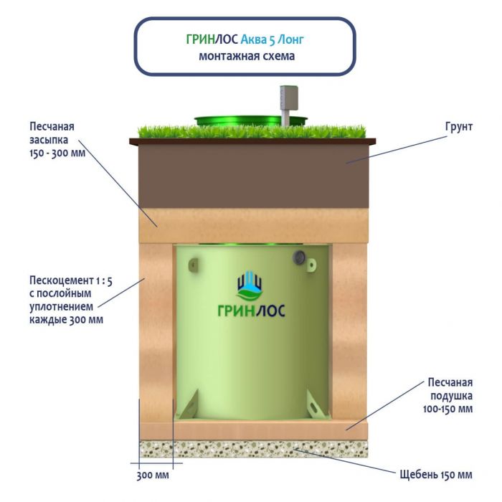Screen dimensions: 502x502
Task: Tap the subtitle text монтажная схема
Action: pos(245,56)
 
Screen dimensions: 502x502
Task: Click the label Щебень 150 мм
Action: pos(435,475)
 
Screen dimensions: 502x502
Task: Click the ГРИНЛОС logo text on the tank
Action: pos(250,310)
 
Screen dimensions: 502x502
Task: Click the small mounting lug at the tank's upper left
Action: pos(193,266)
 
